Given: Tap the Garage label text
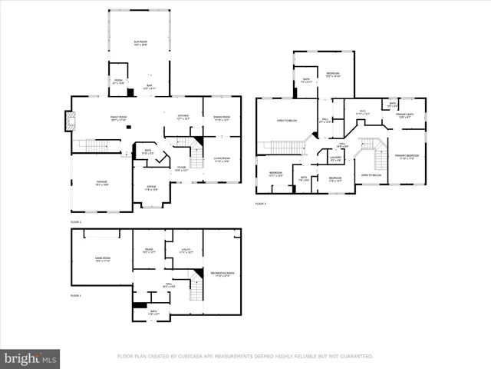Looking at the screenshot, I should point(101,182).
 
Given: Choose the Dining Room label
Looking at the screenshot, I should point(222,117).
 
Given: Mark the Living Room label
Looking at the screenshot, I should point(222,158).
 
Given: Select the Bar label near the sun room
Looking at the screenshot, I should point(149,86).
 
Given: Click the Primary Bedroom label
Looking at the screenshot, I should point(407,156).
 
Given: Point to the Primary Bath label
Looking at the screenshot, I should point(404,115).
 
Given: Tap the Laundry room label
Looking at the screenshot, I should point(335,158).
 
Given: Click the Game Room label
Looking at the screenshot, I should point(103,259).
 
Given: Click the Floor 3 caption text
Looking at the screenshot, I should point(260,204).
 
